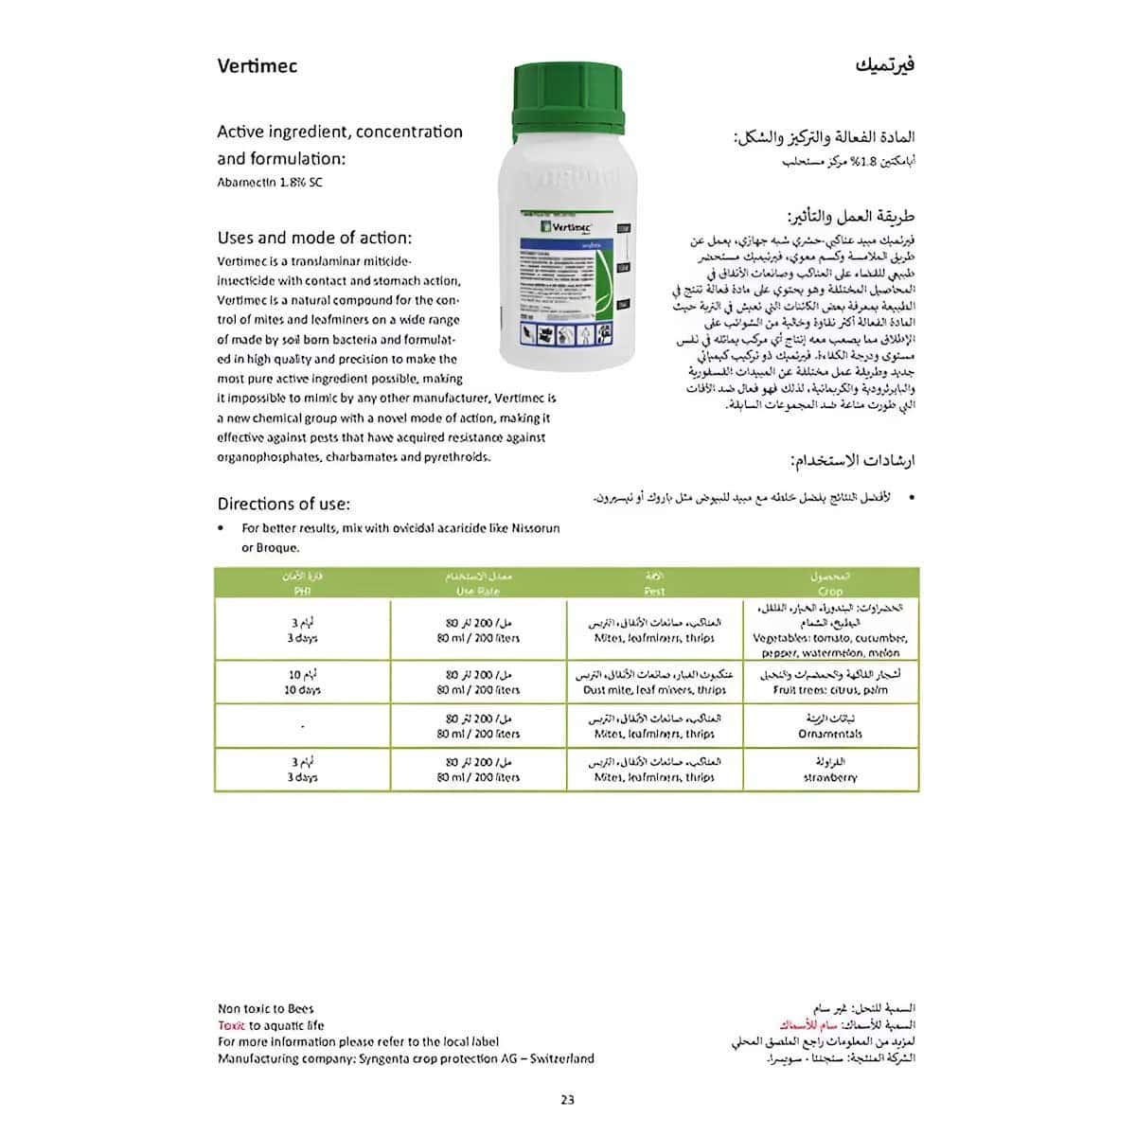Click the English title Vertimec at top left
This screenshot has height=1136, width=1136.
pos(257,65)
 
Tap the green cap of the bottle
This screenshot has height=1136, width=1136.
pos(568,98)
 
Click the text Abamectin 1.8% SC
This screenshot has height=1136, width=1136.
pos(270,182)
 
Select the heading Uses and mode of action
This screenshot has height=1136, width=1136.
pos(314,238)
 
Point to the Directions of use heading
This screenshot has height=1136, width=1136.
pos(283,504)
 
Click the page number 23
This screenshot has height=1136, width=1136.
pos(567,1099)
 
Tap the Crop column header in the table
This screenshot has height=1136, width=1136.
pos(830,591)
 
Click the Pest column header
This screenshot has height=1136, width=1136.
pos(654,591)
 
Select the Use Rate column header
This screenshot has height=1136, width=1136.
pos(478,591)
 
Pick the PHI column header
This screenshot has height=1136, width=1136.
pos(302,591)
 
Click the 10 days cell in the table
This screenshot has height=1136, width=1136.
pos(302,690)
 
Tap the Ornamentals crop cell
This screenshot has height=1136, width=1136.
pos(830,734)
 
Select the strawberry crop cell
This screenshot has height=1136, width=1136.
pos(830,777)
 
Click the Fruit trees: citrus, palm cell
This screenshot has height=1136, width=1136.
pos(830,690)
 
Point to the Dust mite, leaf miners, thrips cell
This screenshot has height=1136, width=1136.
pos(654,690)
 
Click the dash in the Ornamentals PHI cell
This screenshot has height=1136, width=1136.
pos(302,727)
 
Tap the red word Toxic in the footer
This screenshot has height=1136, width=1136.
pos(231,1025)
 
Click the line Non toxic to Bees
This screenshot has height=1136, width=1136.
pos(265,1009)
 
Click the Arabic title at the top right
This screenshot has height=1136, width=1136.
pos(885,65)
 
